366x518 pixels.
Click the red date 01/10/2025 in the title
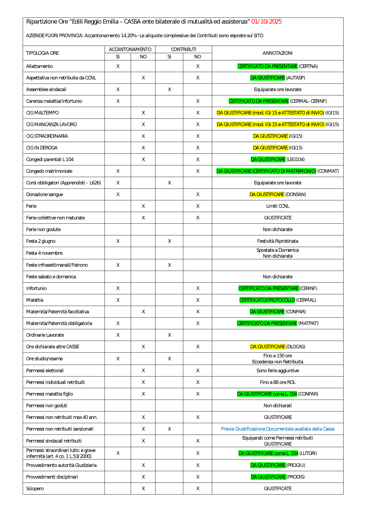(266, 22)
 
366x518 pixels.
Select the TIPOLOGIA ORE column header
(42, 53)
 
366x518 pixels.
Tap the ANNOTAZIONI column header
(277, 53)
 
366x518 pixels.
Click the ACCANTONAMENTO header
(130, 49)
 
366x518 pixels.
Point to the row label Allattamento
(40, 66)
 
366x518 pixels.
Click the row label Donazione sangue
(45, 194)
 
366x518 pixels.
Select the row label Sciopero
(35, 488)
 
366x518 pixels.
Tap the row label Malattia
(35, 300)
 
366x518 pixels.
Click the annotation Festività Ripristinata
(277, 241)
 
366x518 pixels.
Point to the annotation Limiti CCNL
(277, 206)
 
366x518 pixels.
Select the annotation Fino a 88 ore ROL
(277, 382)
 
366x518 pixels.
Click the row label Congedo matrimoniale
(49, 171)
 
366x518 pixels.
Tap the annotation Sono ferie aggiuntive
(277, 370)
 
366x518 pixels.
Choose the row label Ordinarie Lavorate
(45, 335)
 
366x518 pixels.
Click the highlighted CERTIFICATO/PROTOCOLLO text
(267, 300)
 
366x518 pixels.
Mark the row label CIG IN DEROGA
(42, 148)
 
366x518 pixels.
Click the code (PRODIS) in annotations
(296, 477)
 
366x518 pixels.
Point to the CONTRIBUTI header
(183, 49)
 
